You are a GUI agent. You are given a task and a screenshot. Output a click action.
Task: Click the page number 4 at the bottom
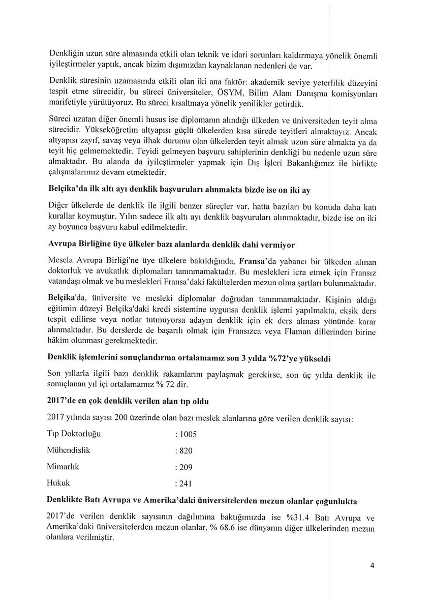(372, 569)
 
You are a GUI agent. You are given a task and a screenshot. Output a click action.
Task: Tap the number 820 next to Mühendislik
(184, 450)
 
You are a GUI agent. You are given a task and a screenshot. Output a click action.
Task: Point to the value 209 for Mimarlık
(184, 467)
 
